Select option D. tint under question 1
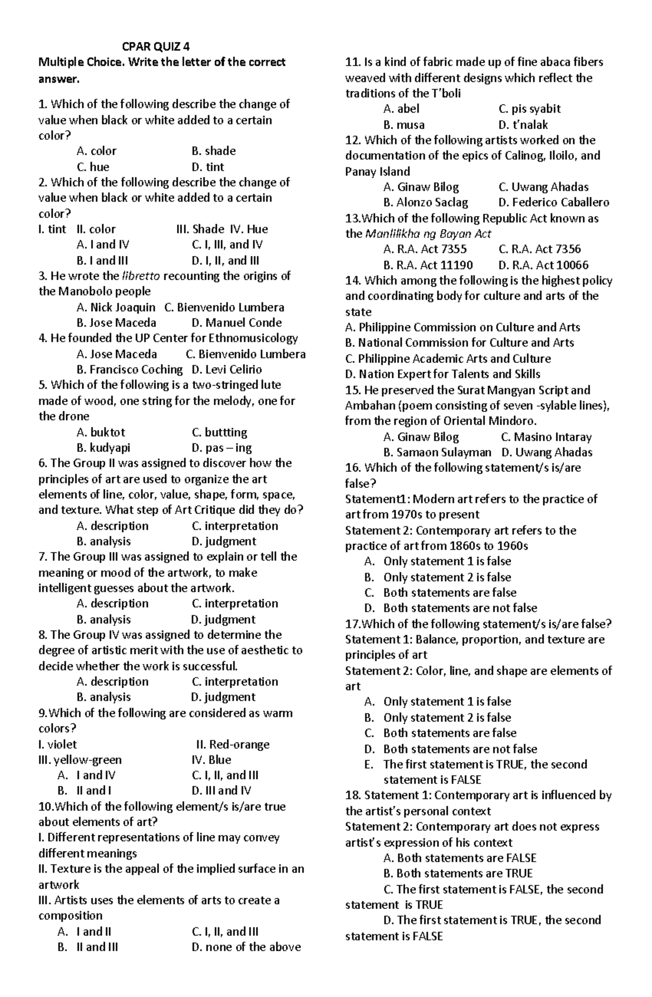pos(208,167)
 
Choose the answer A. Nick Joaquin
pos(116,308)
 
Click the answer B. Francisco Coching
pos(129,369)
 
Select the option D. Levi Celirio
pos(227,369)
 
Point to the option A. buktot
pos(101,432)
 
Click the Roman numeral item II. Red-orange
pos(233,744)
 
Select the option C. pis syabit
pos(529,109)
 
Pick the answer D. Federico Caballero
pos(553,203)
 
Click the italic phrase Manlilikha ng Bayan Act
pos(428,234)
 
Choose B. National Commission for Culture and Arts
pos(460,343)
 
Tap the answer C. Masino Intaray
pos(546,437)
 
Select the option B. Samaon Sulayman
pos(437,452)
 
